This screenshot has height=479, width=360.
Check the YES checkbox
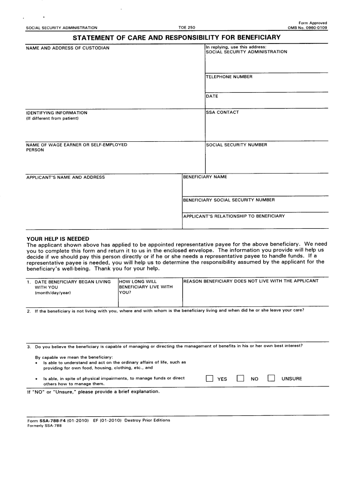coord(209,378)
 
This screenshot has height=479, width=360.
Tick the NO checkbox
coord(240,378)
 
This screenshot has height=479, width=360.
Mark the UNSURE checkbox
coord(271,378)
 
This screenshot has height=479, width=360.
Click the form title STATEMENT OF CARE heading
coord(177,37)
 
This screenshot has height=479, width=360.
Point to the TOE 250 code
coord(187,28)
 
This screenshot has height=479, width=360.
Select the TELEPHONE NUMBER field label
coord(229,77)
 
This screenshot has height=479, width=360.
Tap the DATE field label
coord(212,96)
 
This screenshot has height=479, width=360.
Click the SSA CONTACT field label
coord(223,112)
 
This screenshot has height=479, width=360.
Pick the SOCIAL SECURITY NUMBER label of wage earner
coord(237,145)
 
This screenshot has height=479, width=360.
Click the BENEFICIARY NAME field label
coord(205,177)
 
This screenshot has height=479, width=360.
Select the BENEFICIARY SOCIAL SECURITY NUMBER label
coord(229,200)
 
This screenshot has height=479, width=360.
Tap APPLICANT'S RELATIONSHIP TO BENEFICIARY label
coord(234,216)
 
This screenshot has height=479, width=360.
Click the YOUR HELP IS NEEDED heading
coord(58,239)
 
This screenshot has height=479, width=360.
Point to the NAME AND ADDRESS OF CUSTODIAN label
coord(68,48)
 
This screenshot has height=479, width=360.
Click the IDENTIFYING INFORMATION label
coord(57,113)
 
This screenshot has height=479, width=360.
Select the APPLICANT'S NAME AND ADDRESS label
coord(65,178)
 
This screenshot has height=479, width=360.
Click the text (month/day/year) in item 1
coord(53,292)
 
